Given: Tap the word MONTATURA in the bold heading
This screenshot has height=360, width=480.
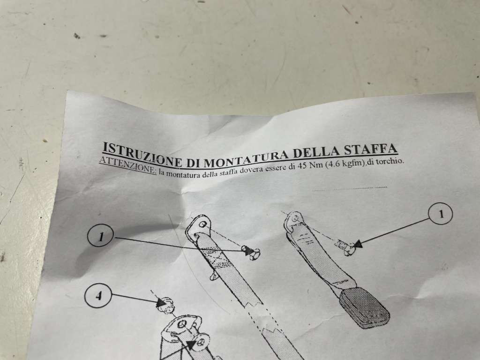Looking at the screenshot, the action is coord(248,158).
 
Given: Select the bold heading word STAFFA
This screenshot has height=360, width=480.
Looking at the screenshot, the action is coord(371,150).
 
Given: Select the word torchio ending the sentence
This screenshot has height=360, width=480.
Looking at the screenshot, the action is coord(390,160).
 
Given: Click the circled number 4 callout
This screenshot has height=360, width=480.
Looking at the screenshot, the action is coord(98,296).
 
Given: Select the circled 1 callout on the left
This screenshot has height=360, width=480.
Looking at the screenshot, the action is coord(101,236).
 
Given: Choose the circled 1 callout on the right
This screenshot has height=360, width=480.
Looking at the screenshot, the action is coord(441,214).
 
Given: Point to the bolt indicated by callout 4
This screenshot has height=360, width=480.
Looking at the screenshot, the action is coord(165,305).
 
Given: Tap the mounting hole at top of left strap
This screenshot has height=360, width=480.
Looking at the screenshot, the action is coord(202,225).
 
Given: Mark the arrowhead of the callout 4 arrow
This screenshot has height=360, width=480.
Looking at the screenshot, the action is coord(161,303).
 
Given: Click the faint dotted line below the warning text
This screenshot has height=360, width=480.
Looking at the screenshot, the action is coord(349,188).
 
